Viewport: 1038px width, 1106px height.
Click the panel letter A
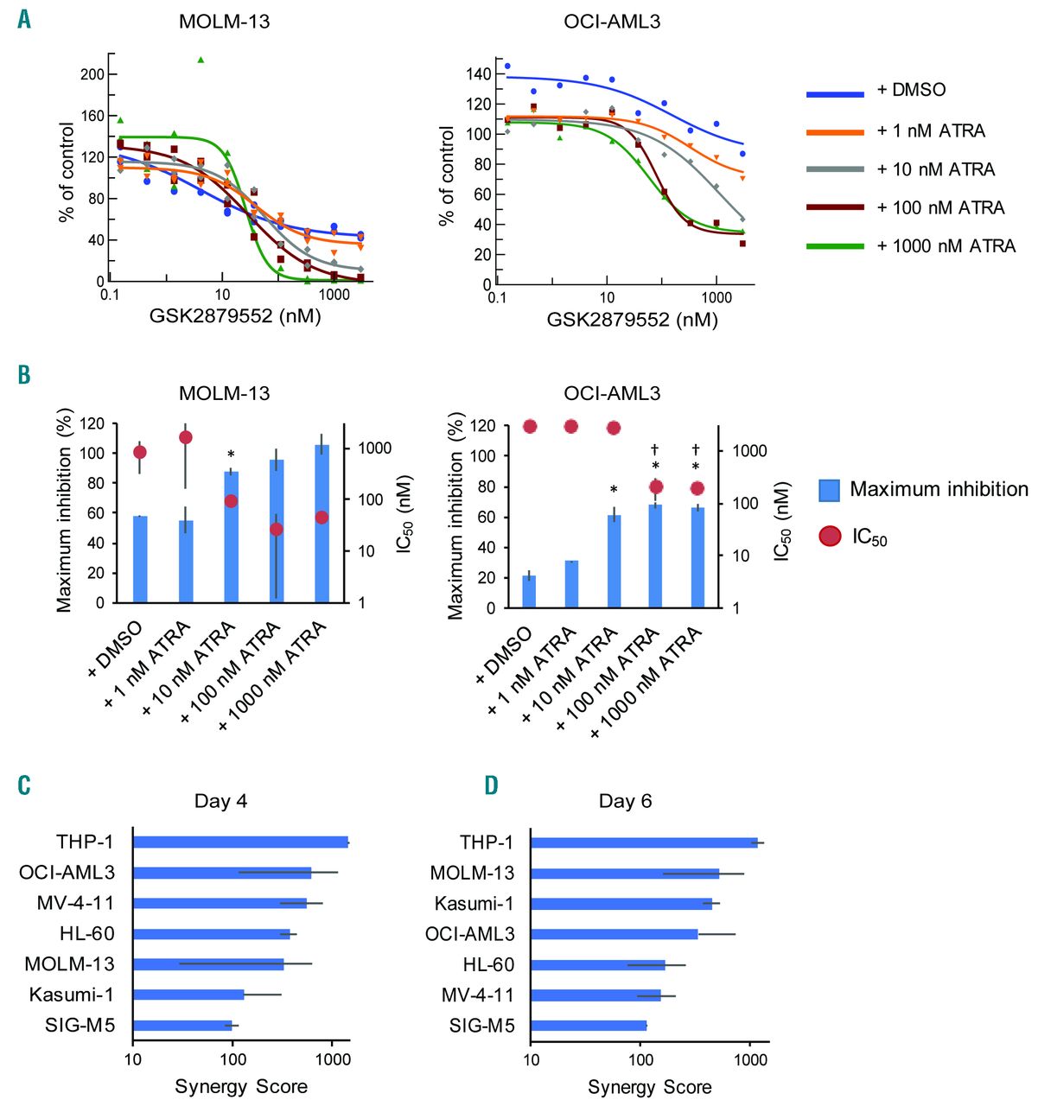tap(24, 18)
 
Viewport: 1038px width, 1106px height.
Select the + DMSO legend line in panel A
tap(835, 93)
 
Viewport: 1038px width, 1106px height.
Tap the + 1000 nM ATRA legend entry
tap(946, 246)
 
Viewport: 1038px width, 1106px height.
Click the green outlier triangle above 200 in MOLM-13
tap(201, 60)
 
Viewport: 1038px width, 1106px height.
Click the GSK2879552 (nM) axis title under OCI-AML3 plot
tap(632, 321)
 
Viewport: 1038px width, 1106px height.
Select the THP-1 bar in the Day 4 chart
tap(240, 842)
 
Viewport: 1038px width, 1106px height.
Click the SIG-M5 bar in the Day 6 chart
tap(589, 1026)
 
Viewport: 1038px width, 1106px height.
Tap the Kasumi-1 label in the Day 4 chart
tap(71, 995)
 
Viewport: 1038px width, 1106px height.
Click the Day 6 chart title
tap(625, 801)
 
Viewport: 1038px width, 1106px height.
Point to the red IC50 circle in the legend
tap(831, 537)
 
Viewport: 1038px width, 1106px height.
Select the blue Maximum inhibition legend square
tap(830, 490)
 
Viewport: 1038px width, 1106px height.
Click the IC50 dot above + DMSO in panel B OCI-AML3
tap(530, 426)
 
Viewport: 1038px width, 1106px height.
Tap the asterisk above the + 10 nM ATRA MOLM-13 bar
tap(231, 455)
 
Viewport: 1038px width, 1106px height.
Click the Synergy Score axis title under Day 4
tap(241, 1086)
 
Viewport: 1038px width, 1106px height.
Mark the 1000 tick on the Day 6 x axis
tap(749, 1061)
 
